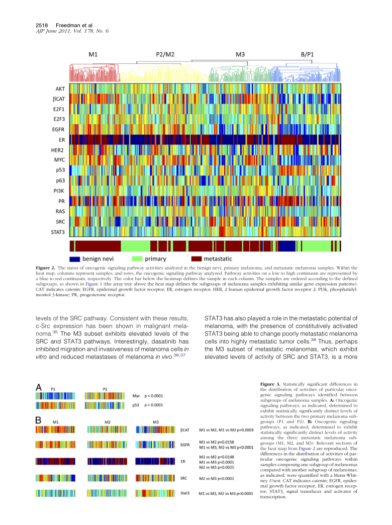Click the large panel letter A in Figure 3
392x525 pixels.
tap(39, 388)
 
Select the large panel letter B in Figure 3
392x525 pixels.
tap(38, 419)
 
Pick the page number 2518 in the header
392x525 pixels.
tap(41, 25)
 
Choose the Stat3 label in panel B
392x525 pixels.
tap(184, 494)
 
